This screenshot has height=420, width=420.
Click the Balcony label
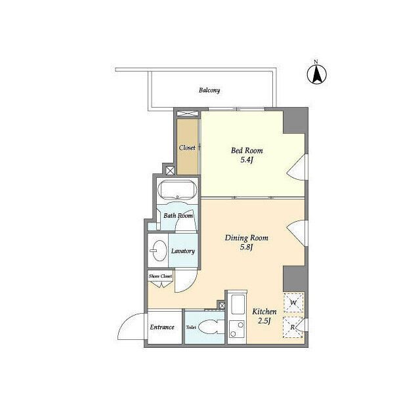[x=209, y=91]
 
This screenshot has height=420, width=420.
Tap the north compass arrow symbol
[x=316, y=74]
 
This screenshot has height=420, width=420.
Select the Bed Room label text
[x=247, y=150]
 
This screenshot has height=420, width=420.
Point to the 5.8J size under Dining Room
[x=247, y=247]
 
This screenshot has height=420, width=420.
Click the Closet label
[x=187, y=148]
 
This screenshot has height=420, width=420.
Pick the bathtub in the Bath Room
[x=177, y=190]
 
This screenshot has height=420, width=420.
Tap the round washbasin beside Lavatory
[x=159, y=251]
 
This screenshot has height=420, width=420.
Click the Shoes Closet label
[x=160, y=276]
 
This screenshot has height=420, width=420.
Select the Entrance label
[x=162, y=327]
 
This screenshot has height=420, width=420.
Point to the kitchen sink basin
[x=238, y=304]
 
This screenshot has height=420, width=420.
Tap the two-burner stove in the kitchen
[x=237, y=329]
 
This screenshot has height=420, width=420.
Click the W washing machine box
[x=293, y=303]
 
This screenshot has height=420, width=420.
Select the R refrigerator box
[x=293, y=327]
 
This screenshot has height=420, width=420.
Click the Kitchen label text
[x=264, y=312]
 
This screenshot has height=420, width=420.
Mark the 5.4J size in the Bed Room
[x=247, y=160]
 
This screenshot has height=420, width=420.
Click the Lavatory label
[x=183, y=251]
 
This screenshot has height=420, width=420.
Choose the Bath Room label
[x=178, y=216]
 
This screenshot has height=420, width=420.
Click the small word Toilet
[x=191, y=327]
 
